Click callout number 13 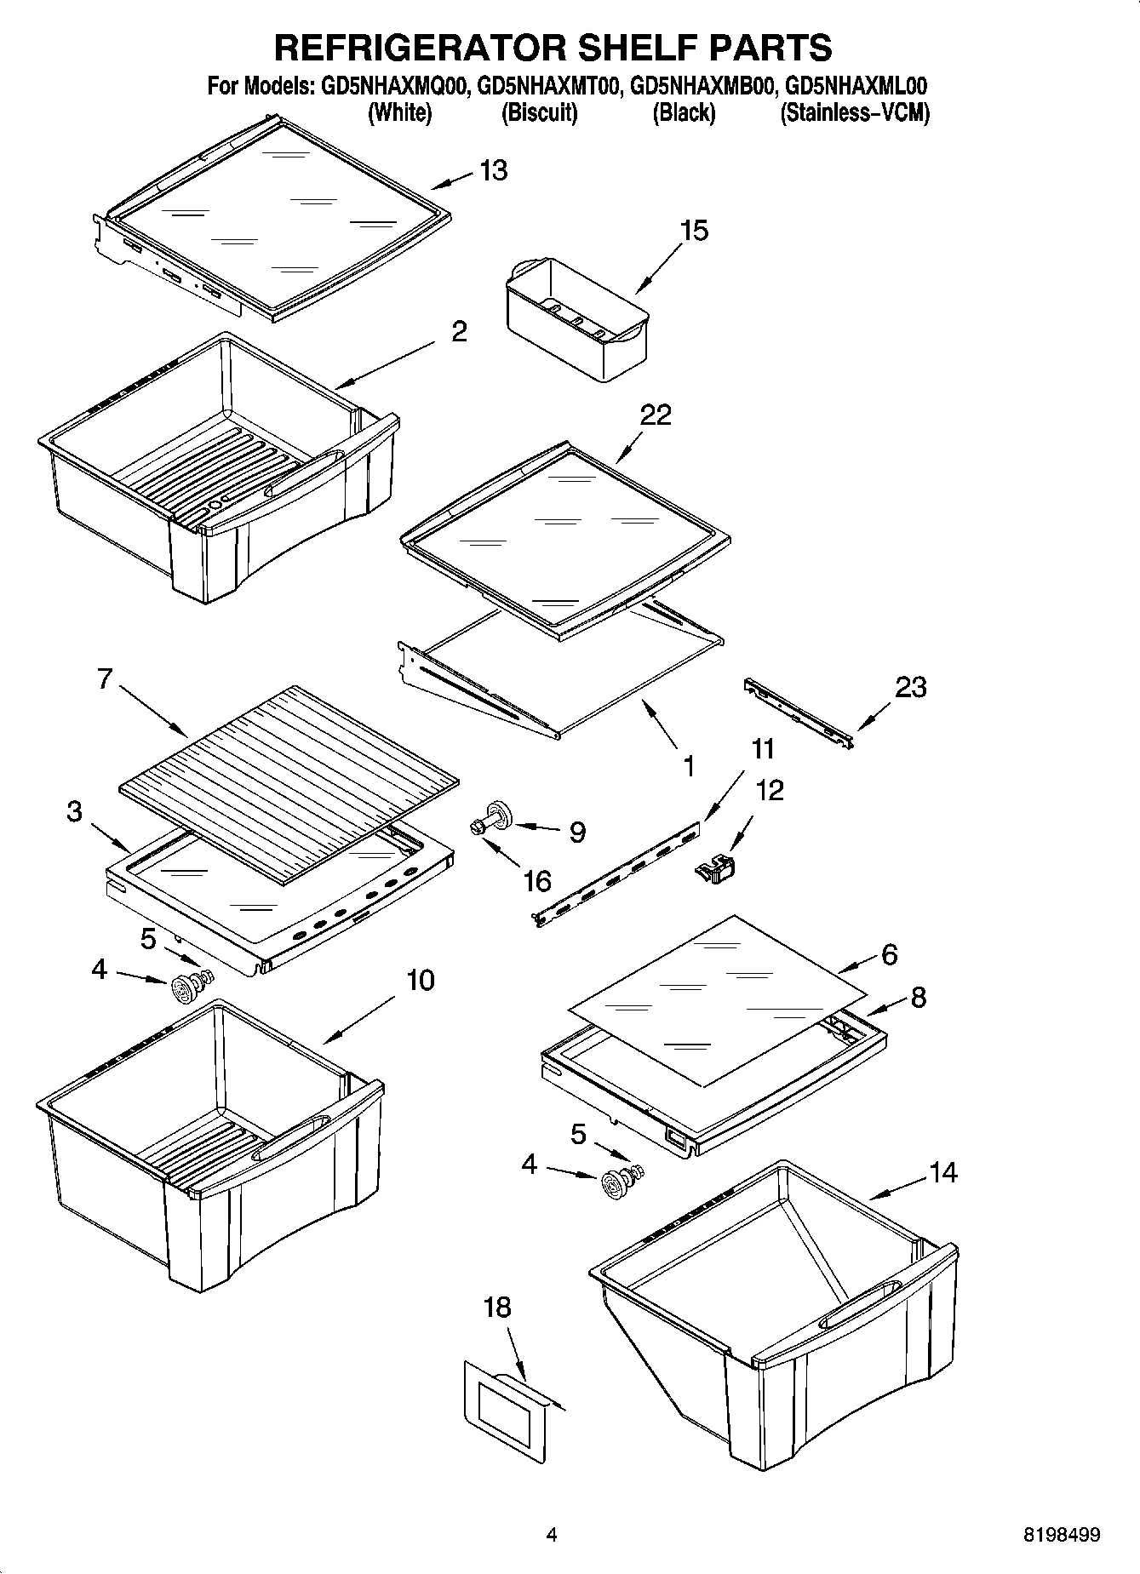pyautogui.click(x=493, y=170)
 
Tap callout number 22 pyautogui.click(x=656, y=415)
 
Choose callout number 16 pyautogui.click(x=537, y=880)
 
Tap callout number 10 pyautogui.click(x=420, y=980)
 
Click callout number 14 pyautogui.click(x=942, y=1172)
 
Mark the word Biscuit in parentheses pyautogui.click(x=540, y=112)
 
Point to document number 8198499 pyautogui.click(x=1061, y=1535)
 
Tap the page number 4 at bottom pyautogui.click(x=552, y=1535)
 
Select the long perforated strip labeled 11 pyautogui.click(x=620, y=871)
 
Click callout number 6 pyautogui.click(x=889, y=954)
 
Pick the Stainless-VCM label pyautogui.click(x=855, y=112)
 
